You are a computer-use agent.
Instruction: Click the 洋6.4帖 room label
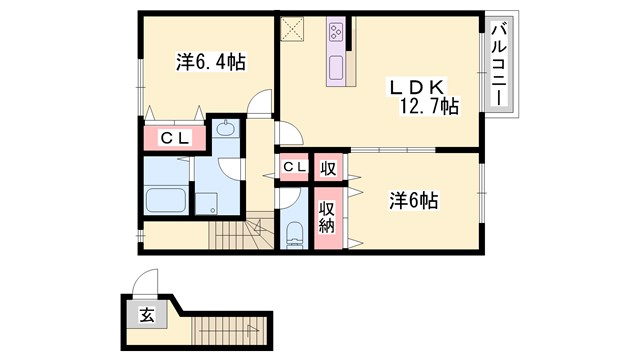(211, 63)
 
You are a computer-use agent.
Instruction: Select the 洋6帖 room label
(413, 200)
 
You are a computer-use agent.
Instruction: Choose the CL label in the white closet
(294, 167)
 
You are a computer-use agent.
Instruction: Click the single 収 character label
(326, 167)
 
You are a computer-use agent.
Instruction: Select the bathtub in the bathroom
(166, 198)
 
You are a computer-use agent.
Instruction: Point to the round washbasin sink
(224, 128)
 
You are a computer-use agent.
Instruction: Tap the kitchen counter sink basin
(336, 68)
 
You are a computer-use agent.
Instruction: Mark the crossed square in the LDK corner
(292, 29)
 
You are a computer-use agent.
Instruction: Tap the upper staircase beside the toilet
(237, 234)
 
